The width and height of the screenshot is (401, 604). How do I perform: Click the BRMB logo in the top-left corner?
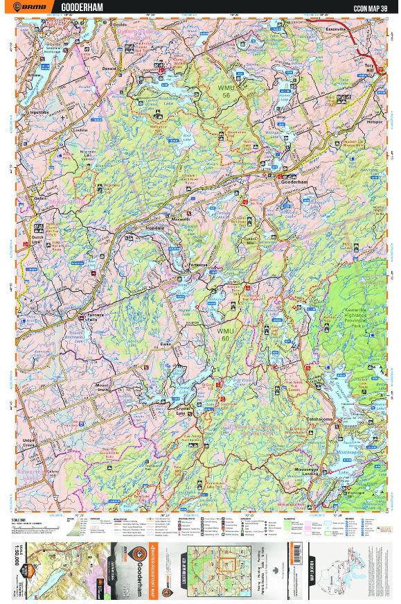[x=35, y=7]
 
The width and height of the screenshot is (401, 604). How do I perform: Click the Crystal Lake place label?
[x=183, y=411]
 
